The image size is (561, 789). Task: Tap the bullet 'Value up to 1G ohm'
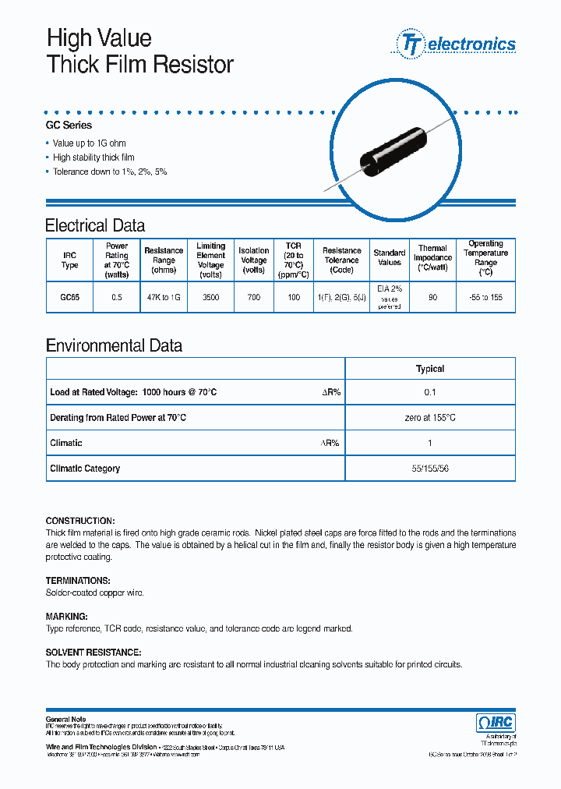point(89,143)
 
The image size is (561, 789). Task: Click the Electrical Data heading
point(95,226)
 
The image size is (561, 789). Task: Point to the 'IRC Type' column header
point(69,260)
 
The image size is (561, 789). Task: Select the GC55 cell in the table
point(69,298)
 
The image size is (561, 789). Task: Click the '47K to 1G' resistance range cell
point(164,298)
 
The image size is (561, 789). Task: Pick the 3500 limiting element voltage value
point(210,298)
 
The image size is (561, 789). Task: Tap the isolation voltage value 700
point(253,298)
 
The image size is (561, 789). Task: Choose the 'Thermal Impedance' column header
point(432,257)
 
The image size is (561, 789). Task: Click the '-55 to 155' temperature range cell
point(485,298)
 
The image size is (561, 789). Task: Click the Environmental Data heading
point(114,345)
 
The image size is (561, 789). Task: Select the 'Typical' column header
point(430,369)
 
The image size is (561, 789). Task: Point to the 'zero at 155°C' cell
point(430,418)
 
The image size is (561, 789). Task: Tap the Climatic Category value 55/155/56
point(430,469)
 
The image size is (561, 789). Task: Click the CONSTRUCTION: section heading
point(80,521)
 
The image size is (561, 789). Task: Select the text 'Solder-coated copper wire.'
point(94,593)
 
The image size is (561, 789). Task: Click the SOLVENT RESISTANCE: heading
point(93,652)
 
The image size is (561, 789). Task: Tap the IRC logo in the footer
point(495,722)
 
